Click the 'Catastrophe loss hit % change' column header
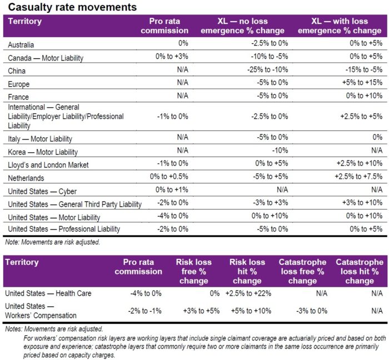pyautogui.click(x=359, y=271)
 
